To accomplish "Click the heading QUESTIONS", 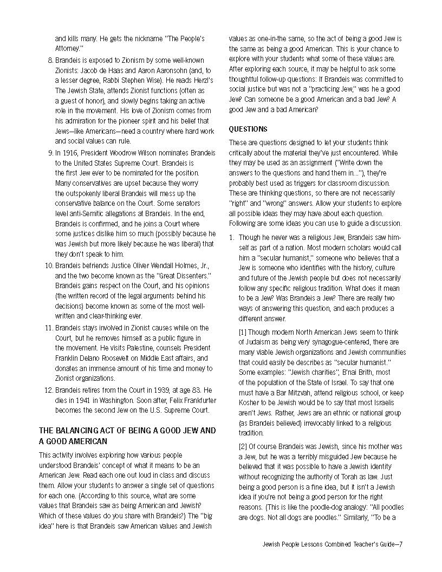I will click(x=248, y=129).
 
